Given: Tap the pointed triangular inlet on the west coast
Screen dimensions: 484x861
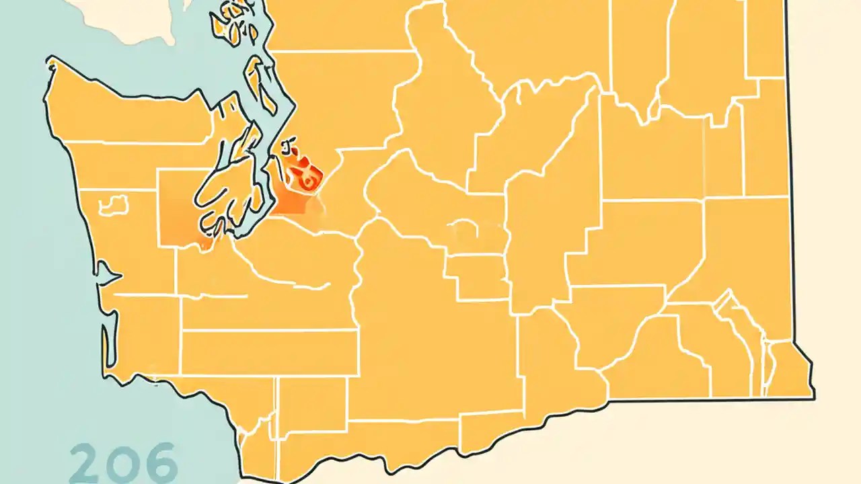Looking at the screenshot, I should point(108,274).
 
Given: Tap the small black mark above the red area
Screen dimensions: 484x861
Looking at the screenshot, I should point(289,143).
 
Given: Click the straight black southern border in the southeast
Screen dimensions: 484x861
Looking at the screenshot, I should point(706,400).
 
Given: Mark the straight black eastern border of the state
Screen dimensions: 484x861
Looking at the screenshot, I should point(791,202).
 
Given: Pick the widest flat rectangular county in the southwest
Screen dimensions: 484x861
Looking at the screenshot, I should point(269,352).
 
